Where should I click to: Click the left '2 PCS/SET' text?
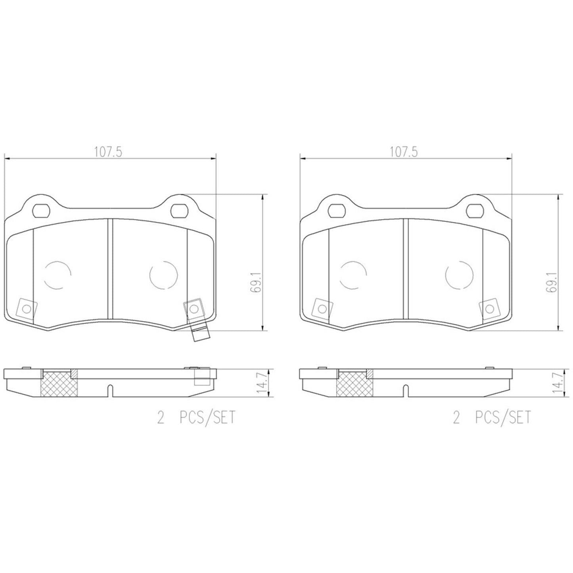tap(196, 418)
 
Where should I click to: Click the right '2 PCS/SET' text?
tap(492, 418)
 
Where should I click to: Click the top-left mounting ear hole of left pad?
tap(40, 211)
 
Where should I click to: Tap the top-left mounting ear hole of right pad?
tap(337, 211)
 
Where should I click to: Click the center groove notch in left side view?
tap(110, 390)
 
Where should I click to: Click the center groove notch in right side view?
tap(406, 390)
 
